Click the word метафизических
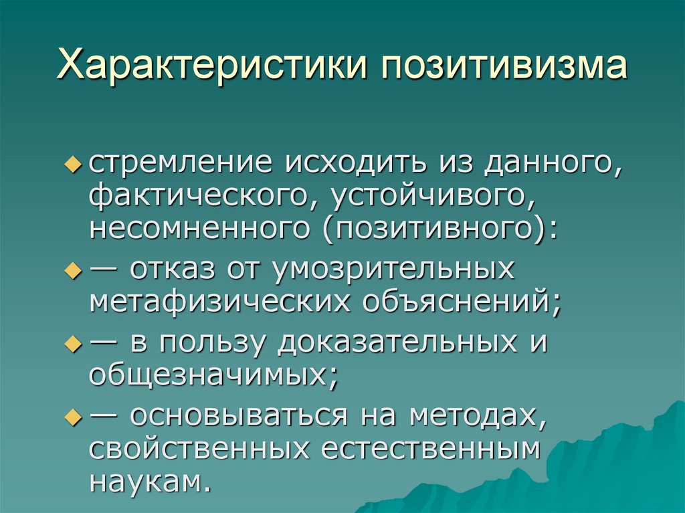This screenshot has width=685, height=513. coord(220,302)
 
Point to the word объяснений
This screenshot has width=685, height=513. coord(461,304)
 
